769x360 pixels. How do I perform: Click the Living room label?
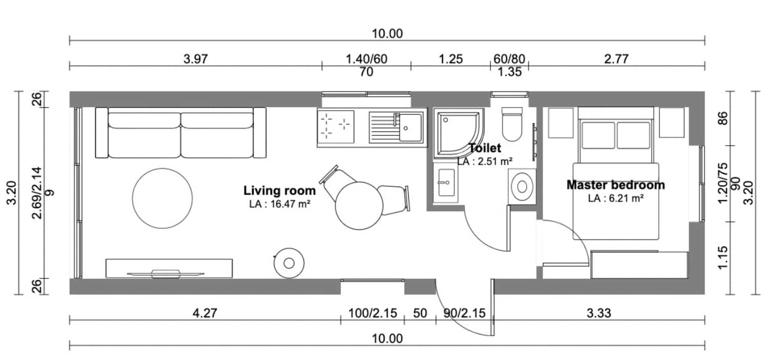pos(279,191)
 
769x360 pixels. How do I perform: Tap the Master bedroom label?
pos(616,185)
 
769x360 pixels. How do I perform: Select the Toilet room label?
pos(485,148)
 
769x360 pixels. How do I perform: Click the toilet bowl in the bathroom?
pos(512,124)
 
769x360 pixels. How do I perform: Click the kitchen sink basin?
pos(410,128)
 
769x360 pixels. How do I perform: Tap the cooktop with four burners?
pos(335,127)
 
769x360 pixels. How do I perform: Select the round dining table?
pos(359,206)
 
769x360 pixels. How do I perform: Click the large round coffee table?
pos(163,198)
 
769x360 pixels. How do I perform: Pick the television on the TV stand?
pos(166,274)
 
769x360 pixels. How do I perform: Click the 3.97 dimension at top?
pos(195,59)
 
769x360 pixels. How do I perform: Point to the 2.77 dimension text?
pos(616,59)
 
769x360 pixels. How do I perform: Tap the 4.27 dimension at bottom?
pos(205,313)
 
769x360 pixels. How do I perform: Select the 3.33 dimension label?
pos(599,313)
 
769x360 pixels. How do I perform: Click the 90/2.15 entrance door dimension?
pos(464,313)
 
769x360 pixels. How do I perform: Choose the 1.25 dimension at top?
pos(451,59)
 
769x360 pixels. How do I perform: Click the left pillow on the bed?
pos(599,135)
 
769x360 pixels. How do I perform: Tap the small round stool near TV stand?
pos(289,263)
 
